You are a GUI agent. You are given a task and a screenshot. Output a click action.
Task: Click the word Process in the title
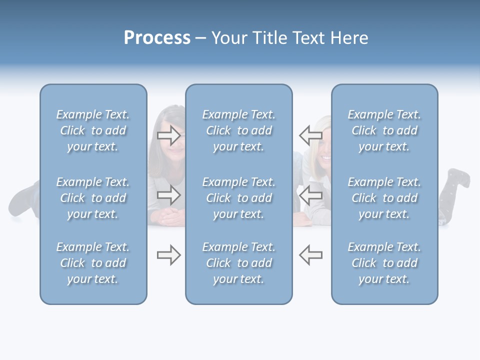[157, 38]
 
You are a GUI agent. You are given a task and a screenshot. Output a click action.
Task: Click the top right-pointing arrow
[169, 135]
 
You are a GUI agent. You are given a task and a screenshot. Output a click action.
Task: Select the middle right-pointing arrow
[169, 195]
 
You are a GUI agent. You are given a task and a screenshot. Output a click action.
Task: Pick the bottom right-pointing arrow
[169, 255]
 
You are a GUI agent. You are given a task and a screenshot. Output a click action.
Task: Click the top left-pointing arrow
[310, 135]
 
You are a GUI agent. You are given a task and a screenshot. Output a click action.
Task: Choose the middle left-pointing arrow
[310, 195]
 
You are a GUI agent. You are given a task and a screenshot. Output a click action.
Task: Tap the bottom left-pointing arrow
[310, 255]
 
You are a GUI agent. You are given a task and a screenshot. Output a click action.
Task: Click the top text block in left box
[93, 130]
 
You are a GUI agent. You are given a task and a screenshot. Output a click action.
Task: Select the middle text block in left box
[93, 198]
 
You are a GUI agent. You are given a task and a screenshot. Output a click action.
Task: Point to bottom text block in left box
[93, 263]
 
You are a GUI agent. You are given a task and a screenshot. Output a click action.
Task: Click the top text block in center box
[238, 130]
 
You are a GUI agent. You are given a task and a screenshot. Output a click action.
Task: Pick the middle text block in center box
[238, 198]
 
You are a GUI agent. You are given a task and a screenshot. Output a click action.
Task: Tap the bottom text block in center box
[238, 263]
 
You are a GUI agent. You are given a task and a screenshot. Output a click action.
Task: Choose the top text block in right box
[384, 130]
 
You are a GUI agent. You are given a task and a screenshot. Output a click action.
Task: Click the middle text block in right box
[384, 198]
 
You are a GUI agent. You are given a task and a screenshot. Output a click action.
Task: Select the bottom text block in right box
[384, 263]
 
